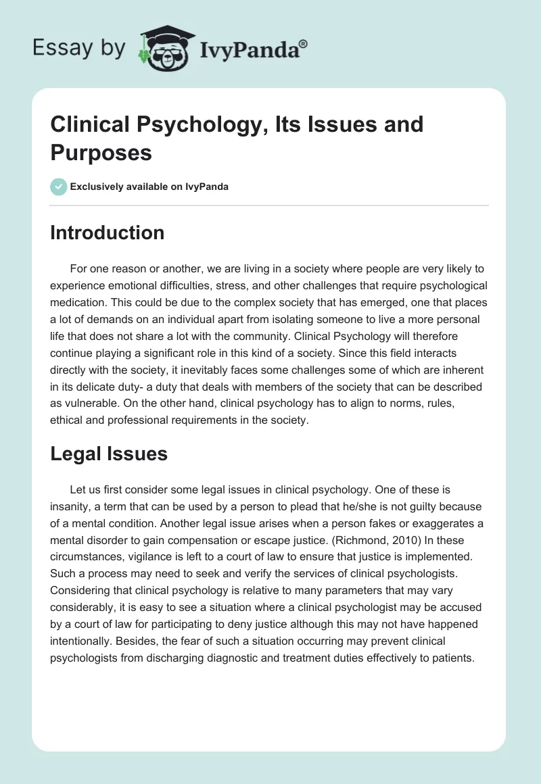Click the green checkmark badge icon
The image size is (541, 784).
click(x=58, y=187)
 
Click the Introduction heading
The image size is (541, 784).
click(x=107, y=233)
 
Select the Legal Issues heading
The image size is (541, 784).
click(x=109, y=455)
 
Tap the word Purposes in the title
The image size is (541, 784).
click(x=101, y=153)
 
